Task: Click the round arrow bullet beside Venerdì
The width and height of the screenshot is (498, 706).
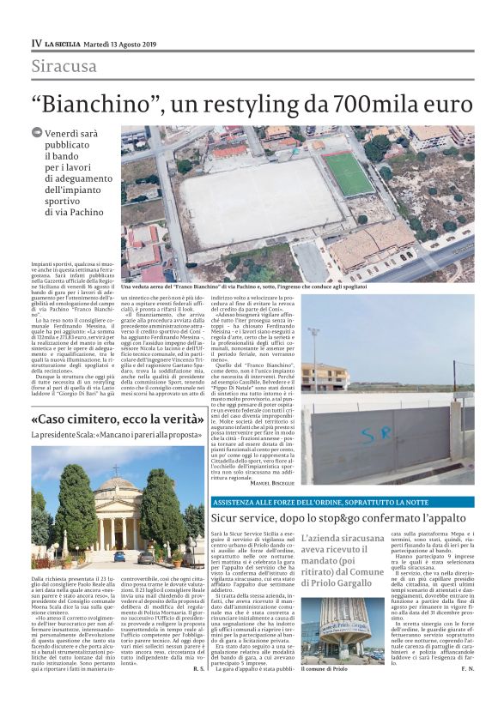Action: pos(36,133)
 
